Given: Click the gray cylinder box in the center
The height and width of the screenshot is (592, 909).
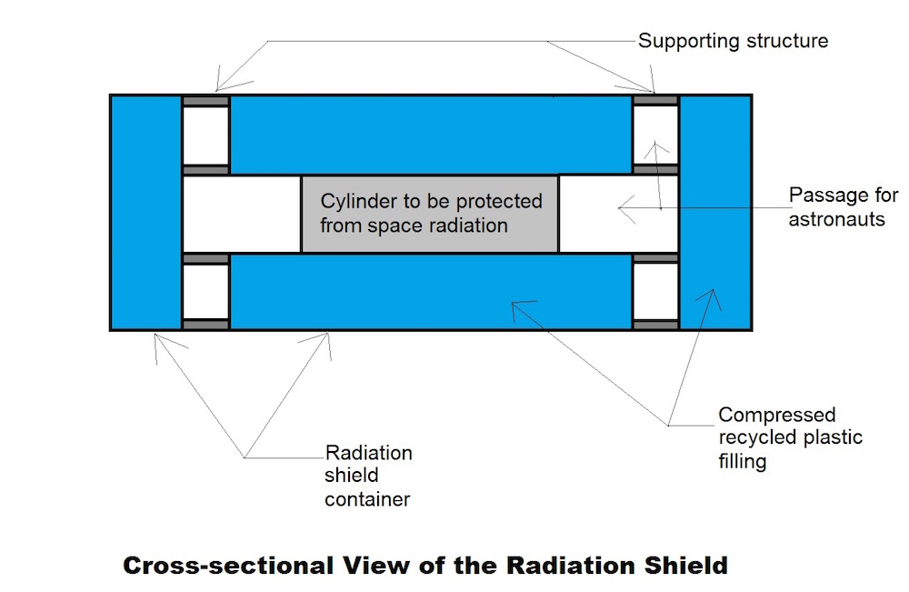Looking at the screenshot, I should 429,213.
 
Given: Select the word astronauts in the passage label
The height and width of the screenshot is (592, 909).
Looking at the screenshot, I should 836,219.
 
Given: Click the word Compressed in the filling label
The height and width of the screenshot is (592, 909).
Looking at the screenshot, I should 777,416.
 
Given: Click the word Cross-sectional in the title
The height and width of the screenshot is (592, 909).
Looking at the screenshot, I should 228,565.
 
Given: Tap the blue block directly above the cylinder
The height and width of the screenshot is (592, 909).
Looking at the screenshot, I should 430,135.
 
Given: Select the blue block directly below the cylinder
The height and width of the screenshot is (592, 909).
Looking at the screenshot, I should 430,291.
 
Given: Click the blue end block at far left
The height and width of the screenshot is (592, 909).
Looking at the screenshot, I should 145,212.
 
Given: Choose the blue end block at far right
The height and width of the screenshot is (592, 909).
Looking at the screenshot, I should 715,212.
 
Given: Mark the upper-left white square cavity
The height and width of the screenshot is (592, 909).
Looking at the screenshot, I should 205,135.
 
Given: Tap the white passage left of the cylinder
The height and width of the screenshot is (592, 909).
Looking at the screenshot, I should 242,213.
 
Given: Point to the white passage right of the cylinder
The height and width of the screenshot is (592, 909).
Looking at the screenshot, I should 618,213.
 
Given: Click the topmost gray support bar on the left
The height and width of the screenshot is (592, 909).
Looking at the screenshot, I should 205,100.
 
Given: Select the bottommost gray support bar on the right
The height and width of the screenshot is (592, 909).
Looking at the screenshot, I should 655,325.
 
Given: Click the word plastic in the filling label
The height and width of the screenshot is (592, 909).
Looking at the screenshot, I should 830,438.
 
